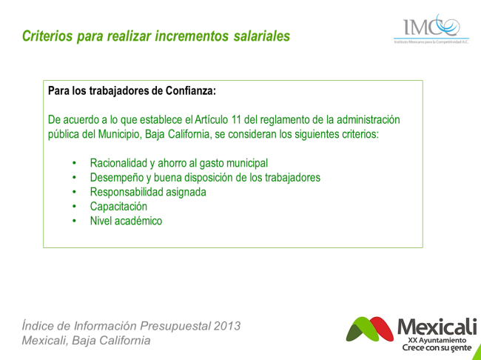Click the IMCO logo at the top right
[431, 29]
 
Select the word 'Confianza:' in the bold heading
[191, 91]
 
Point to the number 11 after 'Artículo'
[236, 119]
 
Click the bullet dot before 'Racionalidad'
[74, 163]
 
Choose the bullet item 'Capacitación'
[118, 207]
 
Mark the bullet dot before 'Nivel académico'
[74, 221]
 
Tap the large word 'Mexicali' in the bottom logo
[437, 327]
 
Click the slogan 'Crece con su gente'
[437, 347]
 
